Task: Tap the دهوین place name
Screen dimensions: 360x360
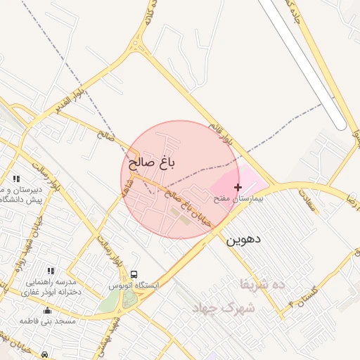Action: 243,239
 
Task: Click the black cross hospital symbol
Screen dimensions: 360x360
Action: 238,187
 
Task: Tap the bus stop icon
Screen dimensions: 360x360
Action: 134,274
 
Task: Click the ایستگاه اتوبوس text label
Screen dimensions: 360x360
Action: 134,285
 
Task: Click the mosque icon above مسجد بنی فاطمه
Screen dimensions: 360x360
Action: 47,310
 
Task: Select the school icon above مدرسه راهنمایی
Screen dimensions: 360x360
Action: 50,271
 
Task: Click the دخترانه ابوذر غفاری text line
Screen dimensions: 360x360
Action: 51,292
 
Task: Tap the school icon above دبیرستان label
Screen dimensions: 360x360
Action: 16,179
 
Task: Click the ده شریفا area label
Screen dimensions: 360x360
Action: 262,284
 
